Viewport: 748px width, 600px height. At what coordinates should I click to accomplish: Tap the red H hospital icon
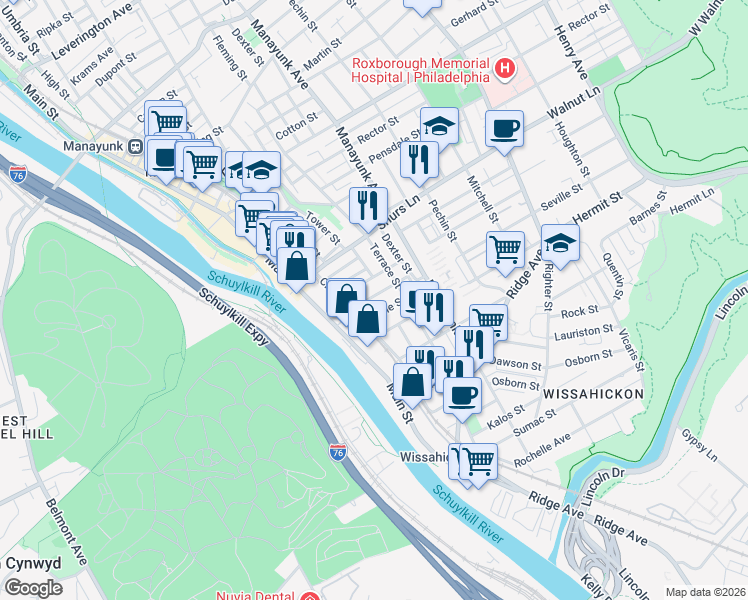tap(506, 69)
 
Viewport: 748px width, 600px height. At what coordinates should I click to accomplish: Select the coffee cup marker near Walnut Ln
tap(505, 129)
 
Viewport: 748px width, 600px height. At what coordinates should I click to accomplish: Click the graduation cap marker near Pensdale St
tap(439, 126)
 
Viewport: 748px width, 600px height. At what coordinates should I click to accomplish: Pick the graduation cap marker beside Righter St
tap(560, 243)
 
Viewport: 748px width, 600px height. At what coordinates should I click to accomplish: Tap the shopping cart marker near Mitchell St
tap(505, 248)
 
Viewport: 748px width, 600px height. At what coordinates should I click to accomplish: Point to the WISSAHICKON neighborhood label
tap(594, 395)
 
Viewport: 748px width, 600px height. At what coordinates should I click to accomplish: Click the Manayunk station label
tap(92, 146)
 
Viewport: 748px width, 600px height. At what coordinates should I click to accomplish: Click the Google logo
tap(33, 587)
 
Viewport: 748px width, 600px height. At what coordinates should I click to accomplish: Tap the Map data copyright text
tap(705, 592)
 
